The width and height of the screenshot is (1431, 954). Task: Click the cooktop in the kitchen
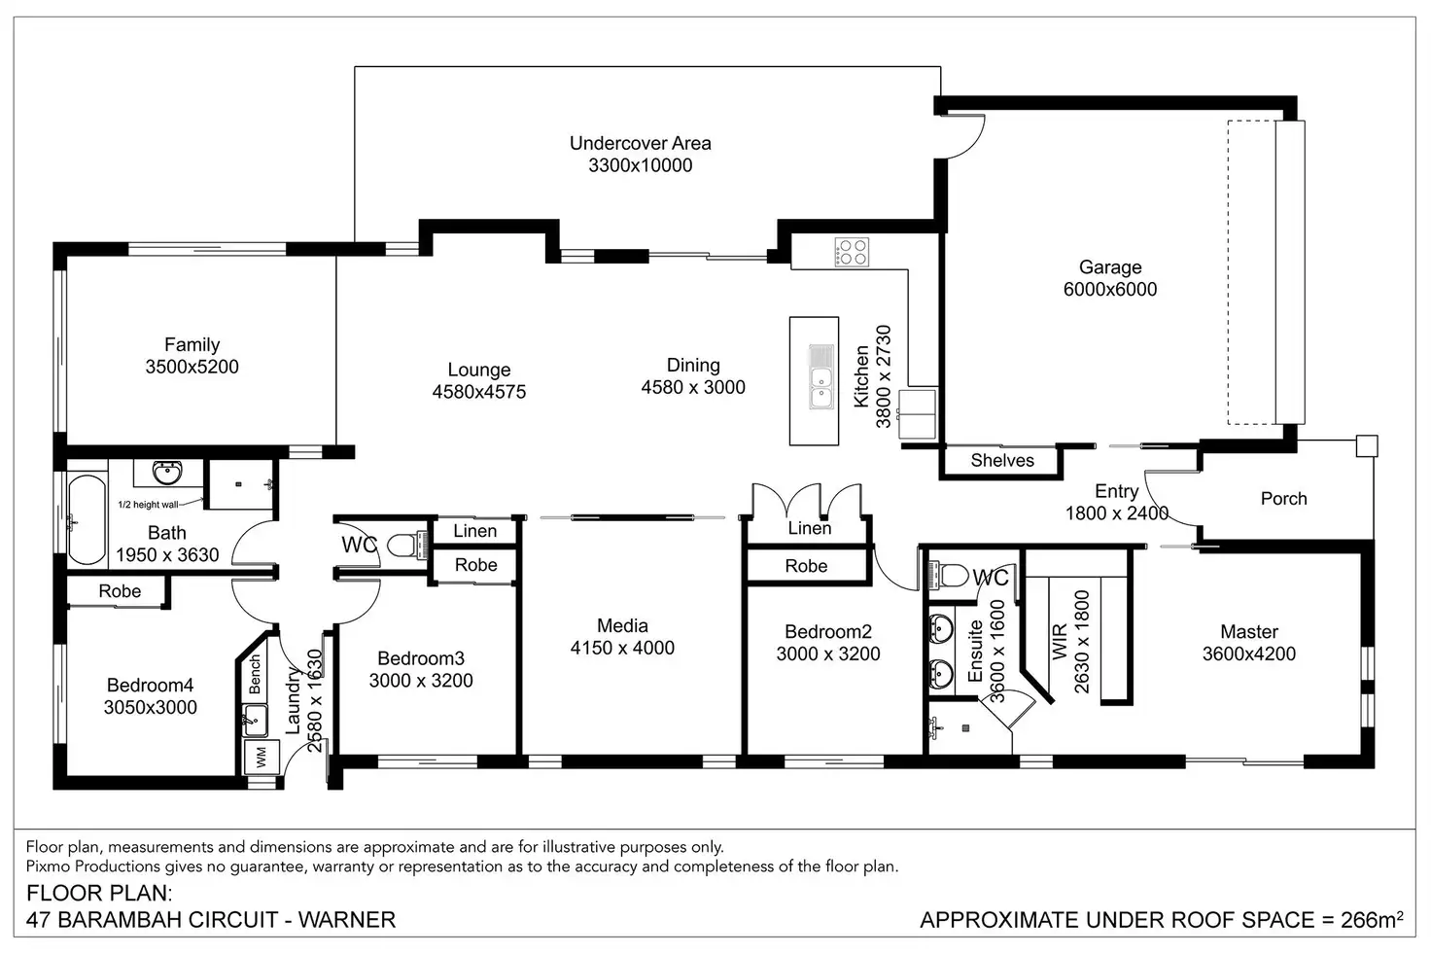click(852, 252)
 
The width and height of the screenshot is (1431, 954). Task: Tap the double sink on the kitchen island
click(820, 377)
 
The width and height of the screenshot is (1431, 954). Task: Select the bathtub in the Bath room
click(87, 519)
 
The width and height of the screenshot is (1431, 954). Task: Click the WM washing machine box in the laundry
click(262, 758)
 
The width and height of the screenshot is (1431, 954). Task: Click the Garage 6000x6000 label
click(1110, 278)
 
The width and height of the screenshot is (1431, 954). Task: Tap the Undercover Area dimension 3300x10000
click(640, 165)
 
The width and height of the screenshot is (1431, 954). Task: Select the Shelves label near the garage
click(1002, 460)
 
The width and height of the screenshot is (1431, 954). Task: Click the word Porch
click(1283, 499)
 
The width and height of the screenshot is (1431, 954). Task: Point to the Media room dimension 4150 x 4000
click(622, 648)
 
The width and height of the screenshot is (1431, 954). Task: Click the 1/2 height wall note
click(148, 505)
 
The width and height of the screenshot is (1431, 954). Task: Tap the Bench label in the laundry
click(255, 674)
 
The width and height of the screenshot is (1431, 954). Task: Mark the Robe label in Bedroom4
click(120, 591)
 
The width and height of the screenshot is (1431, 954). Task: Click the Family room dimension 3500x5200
click(192, 367)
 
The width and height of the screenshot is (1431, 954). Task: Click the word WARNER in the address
click(347, 920)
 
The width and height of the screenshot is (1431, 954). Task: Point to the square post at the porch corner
click(1367, 446)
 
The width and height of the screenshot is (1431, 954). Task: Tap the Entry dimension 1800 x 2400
click(1117, 513)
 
